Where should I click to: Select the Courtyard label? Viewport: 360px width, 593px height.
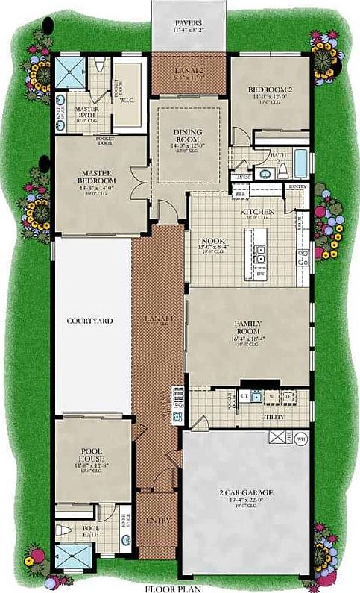coord(89,321)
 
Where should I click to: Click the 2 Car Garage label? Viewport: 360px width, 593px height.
coord(246,492)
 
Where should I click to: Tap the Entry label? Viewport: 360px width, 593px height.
coord(157,520)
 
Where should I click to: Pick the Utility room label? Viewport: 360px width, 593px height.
coord(271,418)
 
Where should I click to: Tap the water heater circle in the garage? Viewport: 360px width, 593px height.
coord(301,438)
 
